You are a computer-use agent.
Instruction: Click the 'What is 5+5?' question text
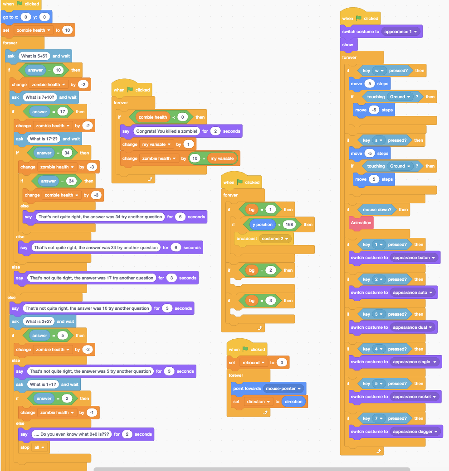pyautogui.click(x=34, y=56)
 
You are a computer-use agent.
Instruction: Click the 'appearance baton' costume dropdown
pyautogui.click(x=415, y=258)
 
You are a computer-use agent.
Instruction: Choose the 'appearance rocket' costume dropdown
pyautogui.click(x=415, y=397)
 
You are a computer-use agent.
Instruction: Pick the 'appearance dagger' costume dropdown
pyautogui.click(x=416, y=432)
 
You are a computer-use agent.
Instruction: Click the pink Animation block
pyautogui.click(x=361, y=223)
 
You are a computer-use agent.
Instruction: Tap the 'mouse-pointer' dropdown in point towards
pyautogui.click(x=283, y=389)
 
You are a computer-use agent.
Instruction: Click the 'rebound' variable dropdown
pyautogui.click(x=253, y=363)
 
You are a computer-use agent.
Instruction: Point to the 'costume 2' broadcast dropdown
pyautogui.click(x=275, y=239)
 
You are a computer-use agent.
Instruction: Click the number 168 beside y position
pyautogui.click(x=289, y=225)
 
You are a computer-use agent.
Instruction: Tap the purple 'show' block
pyautogui.click(x=348, y=45)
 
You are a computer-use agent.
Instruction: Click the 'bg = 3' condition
pyautogui.click(x=257, y=301)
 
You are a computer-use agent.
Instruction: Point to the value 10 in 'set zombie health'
pyautogui.click(x=67, y=30)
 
